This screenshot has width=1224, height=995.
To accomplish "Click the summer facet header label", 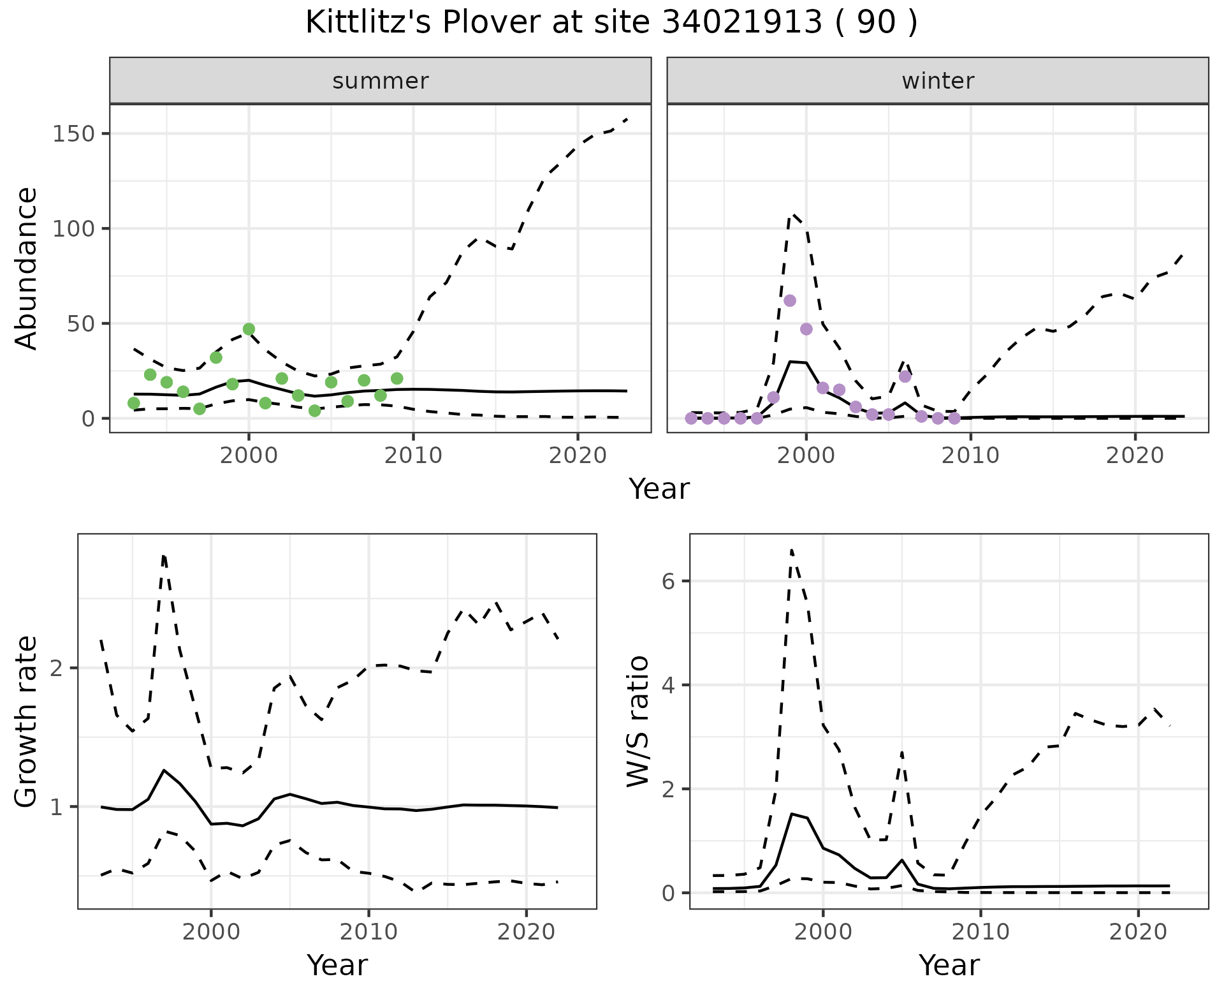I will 381,81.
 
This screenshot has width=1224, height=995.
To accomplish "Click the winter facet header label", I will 938,81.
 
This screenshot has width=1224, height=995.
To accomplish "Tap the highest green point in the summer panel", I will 249,329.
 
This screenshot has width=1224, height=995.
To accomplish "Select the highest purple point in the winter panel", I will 790,300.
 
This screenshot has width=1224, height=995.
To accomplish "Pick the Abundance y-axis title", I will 27,269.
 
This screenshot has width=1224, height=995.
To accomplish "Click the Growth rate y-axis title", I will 27,721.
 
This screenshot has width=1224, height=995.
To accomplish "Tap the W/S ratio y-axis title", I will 638,721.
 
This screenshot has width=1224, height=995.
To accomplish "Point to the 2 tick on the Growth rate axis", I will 57,668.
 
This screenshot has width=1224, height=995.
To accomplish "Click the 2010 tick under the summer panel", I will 413,456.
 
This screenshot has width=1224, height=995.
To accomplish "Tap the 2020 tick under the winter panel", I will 1135,456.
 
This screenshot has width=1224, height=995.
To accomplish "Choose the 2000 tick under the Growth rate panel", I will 211,932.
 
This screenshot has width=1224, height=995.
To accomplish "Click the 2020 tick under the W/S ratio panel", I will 1139,932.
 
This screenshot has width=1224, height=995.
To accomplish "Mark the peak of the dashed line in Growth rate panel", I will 164,556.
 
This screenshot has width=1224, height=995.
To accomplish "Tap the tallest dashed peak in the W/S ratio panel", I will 791,549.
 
